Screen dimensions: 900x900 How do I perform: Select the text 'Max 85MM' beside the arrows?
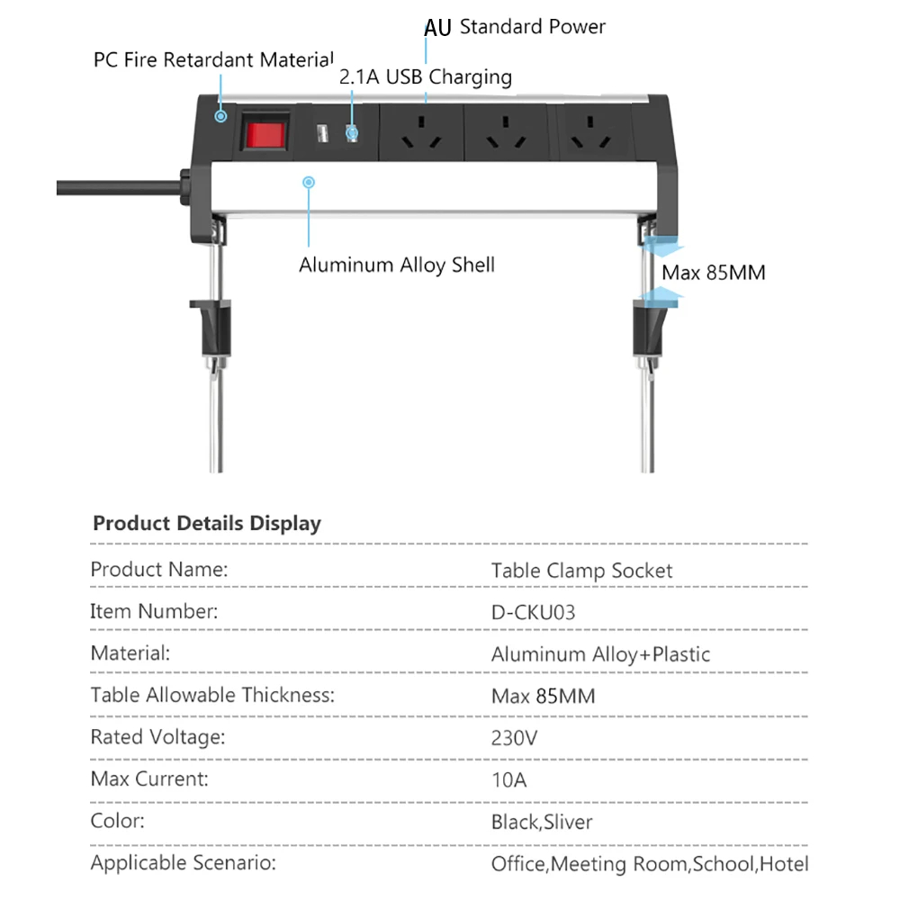714,273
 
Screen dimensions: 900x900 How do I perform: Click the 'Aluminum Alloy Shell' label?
397,265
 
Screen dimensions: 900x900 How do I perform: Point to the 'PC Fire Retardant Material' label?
213,60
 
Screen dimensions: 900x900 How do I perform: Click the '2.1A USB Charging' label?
426,77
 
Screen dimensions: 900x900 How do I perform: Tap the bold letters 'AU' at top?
437,28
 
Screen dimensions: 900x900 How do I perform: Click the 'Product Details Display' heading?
207,523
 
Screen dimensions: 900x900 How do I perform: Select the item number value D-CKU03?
534,613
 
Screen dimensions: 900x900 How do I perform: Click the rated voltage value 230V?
515,739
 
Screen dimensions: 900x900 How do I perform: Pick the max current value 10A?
508,780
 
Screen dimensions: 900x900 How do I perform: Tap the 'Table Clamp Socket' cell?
581,571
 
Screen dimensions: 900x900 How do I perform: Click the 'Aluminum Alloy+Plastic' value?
600,655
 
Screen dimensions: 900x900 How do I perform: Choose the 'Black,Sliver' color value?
542,822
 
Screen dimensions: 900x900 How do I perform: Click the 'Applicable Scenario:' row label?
183,864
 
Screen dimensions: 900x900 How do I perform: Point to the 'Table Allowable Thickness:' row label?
212,696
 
